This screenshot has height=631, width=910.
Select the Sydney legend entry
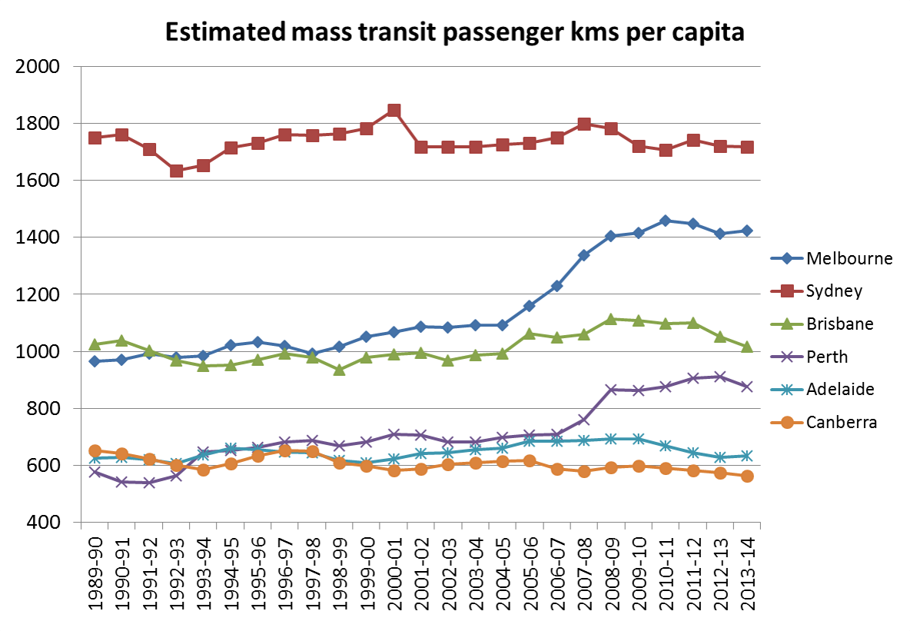(834, 291)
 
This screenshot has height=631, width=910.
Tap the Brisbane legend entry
(839, 324)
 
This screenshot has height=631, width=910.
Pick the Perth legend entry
(827, 357)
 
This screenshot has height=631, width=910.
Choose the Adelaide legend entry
(839, 389)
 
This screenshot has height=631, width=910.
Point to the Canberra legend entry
(840, 422)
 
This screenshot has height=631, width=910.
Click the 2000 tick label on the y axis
(38, 67)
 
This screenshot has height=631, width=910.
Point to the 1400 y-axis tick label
(38, 237)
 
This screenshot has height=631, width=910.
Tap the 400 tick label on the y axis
(42, 523)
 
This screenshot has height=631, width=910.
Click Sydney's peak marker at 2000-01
(394, 111)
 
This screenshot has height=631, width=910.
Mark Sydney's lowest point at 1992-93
(176, 171)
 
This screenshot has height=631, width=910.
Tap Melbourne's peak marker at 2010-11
(665, 221)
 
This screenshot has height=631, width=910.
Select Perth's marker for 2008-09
(611, 390)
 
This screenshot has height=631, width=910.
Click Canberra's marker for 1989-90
(95, 451)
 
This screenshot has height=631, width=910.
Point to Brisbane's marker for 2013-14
(746, 347)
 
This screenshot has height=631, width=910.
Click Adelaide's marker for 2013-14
(746, 456)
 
